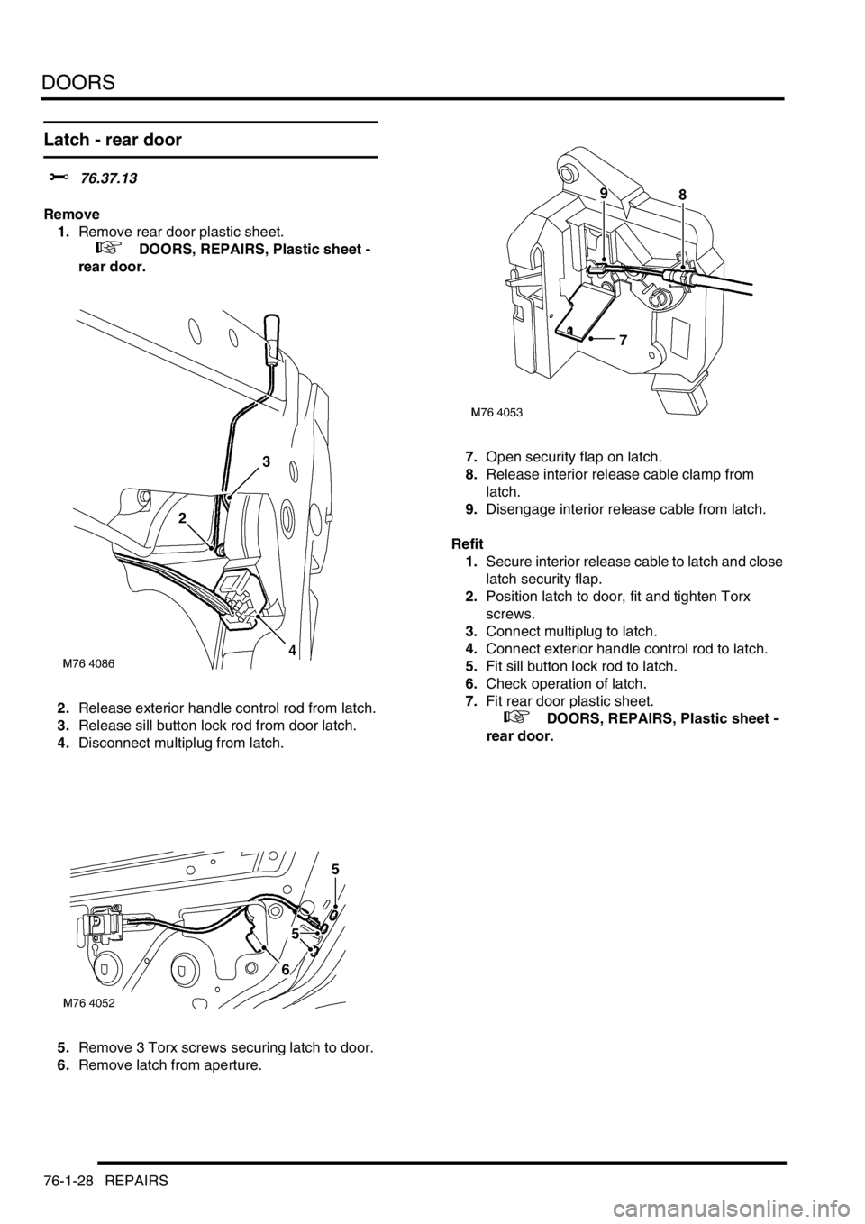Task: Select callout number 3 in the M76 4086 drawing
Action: [266, 461]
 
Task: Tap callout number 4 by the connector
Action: [293, 646]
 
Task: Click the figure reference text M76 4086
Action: [89, 663]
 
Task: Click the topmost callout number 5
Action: [335, 869]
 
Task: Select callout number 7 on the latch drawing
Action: [623, 341]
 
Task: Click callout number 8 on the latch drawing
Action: [682, 195]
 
